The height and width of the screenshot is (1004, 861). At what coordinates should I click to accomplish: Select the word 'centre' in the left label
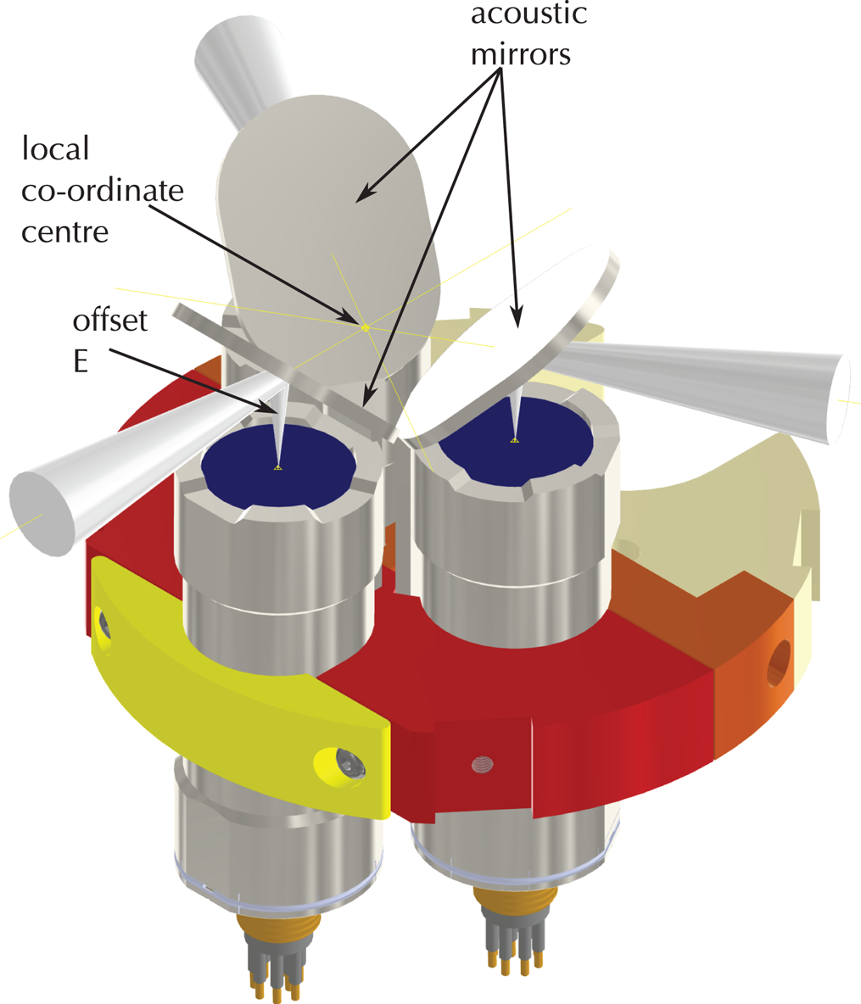click(x=66, y=231)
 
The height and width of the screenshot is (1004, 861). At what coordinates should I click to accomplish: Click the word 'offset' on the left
click(x=110, y=321)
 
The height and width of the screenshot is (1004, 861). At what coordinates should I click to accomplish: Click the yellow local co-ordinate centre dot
click(x=366, y=327)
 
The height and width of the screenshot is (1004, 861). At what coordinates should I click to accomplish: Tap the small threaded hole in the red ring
click(x=482, y=765)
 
